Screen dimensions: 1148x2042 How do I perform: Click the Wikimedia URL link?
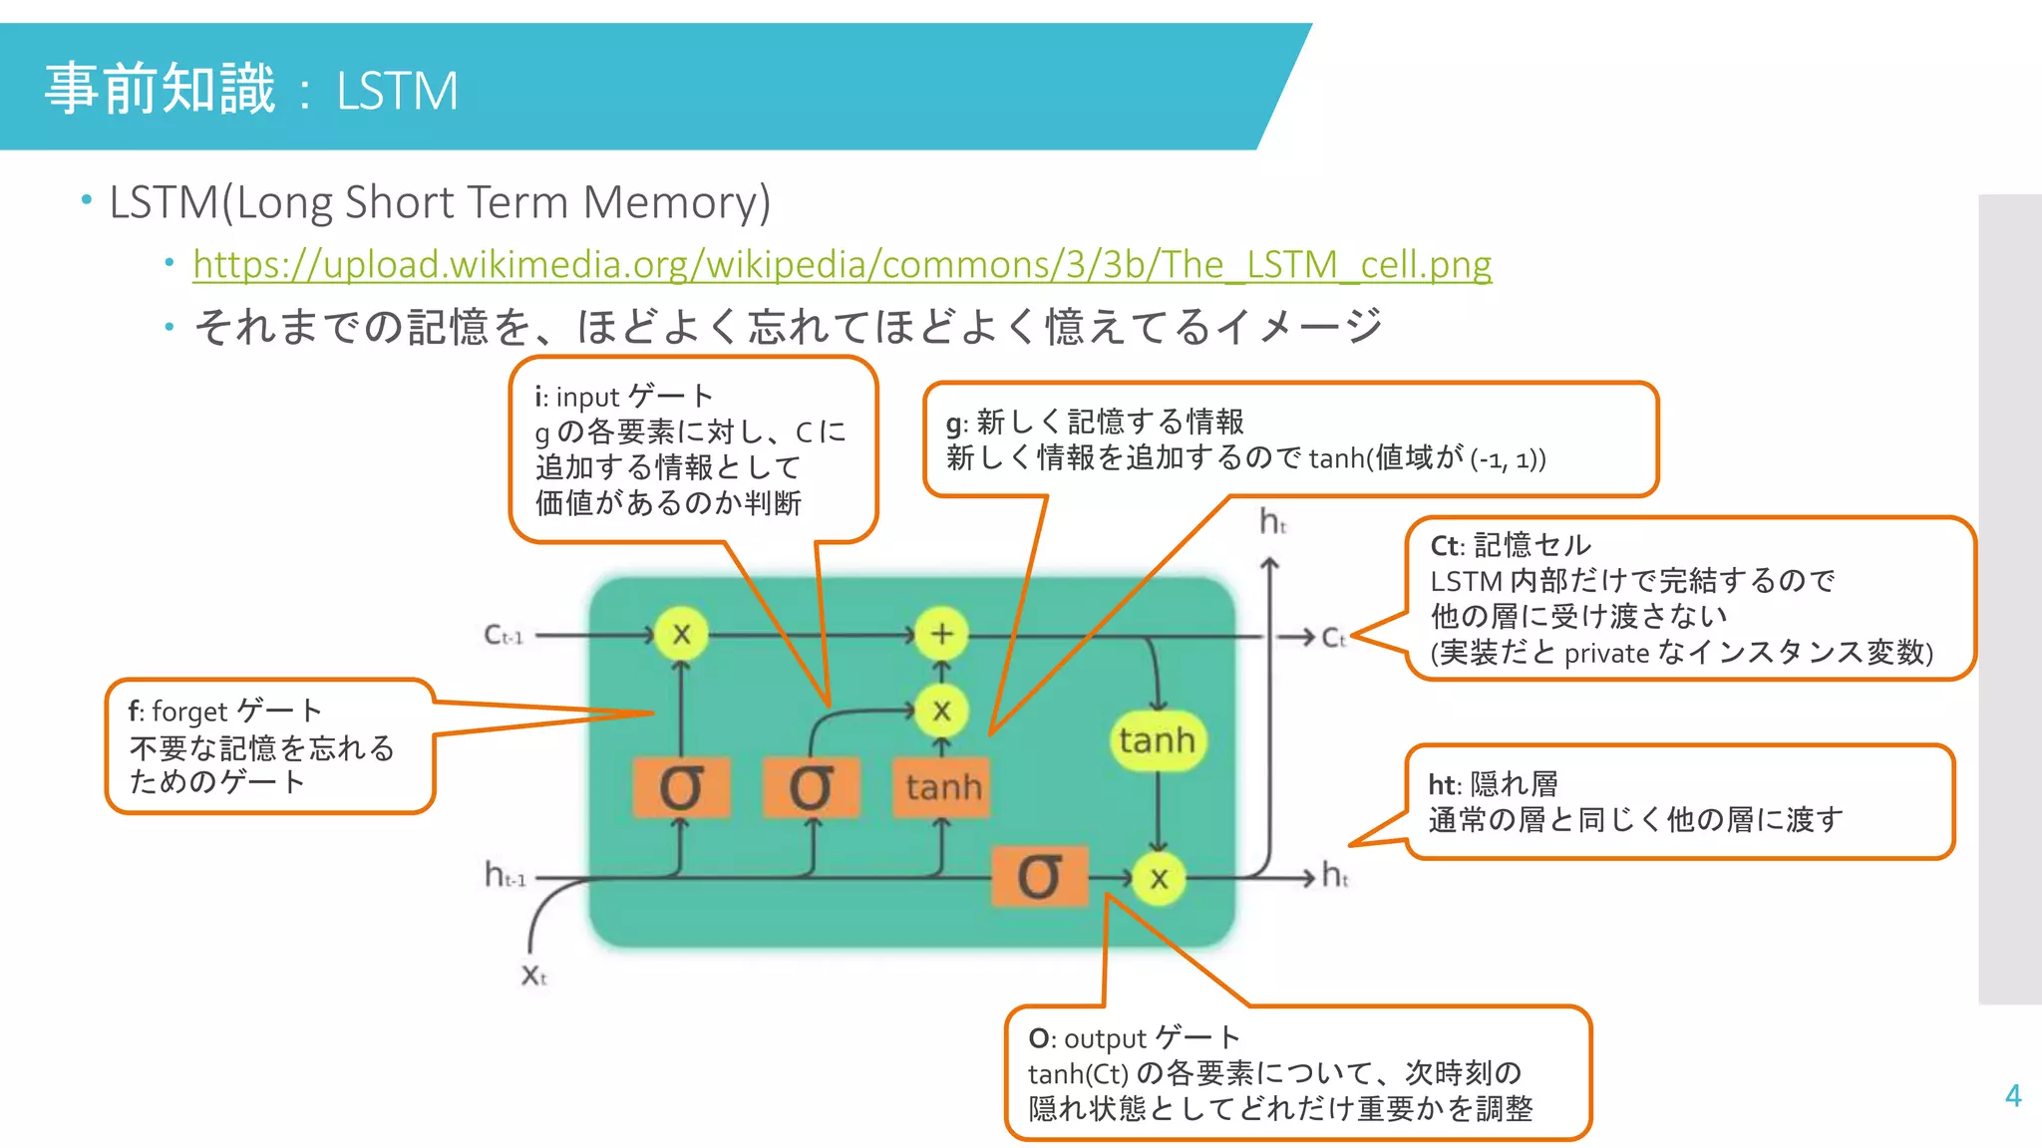click(x=842, y=264)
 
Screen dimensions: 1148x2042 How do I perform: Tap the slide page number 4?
click(x=2012, y=1096)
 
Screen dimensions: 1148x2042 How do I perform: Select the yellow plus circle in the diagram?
click(x=941, y=634)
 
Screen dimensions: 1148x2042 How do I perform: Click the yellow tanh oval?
click(x=1157, y=740)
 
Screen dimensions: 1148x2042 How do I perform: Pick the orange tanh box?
click(x=942, y=787)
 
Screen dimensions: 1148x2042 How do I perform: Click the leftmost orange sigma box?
click(x=681, y=787)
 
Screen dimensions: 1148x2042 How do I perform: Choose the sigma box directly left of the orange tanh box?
click(x=811, y=787)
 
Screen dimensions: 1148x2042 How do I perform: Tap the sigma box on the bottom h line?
click(x=1039, y=877)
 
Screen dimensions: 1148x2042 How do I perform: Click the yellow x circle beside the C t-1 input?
click(x=681, y=634)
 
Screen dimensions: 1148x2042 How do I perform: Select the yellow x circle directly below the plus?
click(x=941, y=711)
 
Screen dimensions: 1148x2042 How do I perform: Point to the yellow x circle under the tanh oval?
click(x=1158, y=878)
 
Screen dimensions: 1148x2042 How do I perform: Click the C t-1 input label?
click(x=503, y=635)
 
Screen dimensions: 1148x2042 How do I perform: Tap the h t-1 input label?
click(x=505, y=876)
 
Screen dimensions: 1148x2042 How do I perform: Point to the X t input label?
click(x=534, y=975)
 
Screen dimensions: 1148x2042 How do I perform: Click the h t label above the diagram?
click(x=1272, y=521)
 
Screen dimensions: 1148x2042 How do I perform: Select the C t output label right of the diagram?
click(x=1333, y=638)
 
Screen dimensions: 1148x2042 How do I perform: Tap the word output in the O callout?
click(x=1105, y=1038)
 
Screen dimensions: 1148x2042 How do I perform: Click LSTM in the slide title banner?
click(x=397, y=91)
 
